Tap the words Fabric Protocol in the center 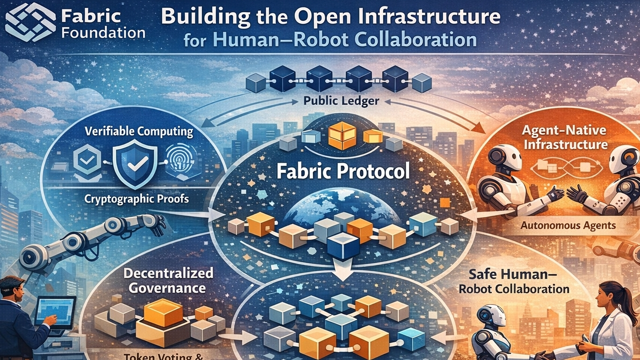point(343,171)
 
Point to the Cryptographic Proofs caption point(137,199)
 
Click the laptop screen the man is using point(56,311)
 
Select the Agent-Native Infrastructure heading point(565,137)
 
